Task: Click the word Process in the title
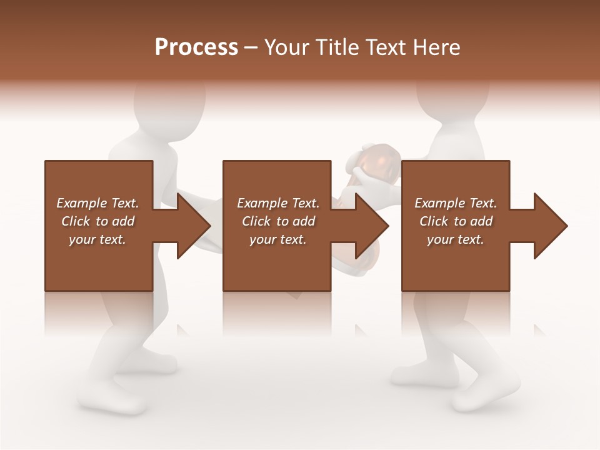click(196, 47)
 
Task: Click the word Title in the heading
click(337, 47)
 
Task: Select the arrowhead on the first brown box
click(192, 226)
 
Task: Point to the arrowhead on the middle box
click(371, 226)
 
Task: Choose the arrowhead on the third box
click(549, 226)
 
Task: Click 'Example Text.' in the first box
click(97, 203)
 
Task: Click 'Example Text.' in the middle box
click(278, 203)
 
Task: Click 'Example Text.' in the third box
click(456, 203)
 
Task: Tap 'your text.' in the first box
click(97, 239)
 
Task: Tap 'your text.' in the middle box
click(278, 239)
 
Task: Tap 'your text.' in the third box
click(456, 239)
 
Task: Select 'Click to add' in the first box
click(97, 221)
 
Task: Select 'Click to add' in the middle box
click(278, 221)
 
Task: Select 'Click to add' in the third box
click(456, 221)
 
